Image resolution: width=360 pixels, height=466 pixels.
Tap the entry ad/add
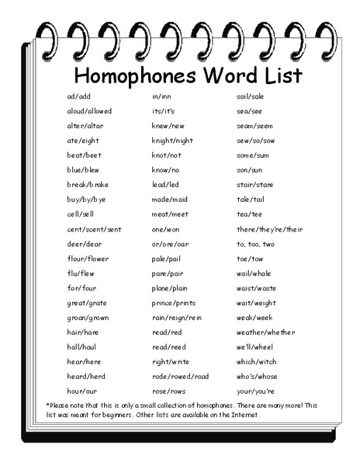[79, 96]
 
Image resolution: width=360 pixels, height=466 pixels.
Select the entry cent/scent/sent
[94, 230]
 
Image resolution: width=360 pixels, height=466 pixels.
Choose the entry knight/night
[172, 141]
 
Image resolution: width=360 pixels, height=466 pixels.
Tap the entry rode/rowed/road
[181, 376]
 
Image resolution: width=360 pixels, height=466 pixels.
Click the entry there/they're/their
[269, 230]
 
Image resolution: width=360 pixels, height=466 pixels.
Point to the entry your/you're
[256, 391]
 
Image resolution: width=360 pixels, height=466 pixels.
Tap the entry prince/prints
[175, 303]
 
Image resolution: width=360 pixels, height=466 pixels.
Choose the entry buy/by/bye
[86, 200]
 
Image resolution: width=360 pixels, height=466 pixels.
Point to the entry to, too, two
[254, 244]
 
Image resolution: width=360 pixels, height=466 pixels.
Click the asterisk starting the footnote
[48, 405]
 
